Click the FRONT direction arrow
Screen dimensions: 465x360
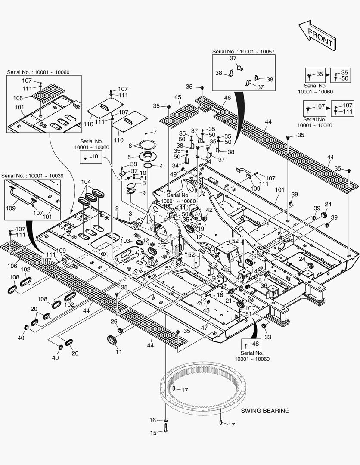click(316, 35)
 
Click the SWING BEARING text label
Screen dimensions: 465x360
click(265, 411)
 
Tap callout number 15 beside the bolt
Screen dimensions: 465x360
click(153, 433)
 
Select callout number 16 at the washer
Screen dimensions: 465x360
click(153, 420)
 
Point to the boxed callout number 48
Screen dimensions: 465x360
click(255, 344)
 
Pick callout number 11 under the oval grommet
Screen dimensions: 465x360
click(119, 352)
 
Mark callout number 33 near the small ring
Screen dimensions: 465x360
click(267, 337)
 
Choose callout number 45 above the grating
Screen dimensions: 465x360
click(177, 97)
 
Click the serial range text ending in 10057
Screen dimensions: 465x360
click(243, 51)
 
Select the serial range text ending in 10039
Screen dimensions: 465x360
click(32, 176)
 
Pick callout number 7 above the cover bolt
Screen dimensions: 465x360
click(155, 131)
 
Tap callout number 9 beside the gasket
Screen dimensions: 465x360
click(143, 192)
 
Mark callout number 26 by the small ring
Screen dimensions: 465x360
click(114, 321)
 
